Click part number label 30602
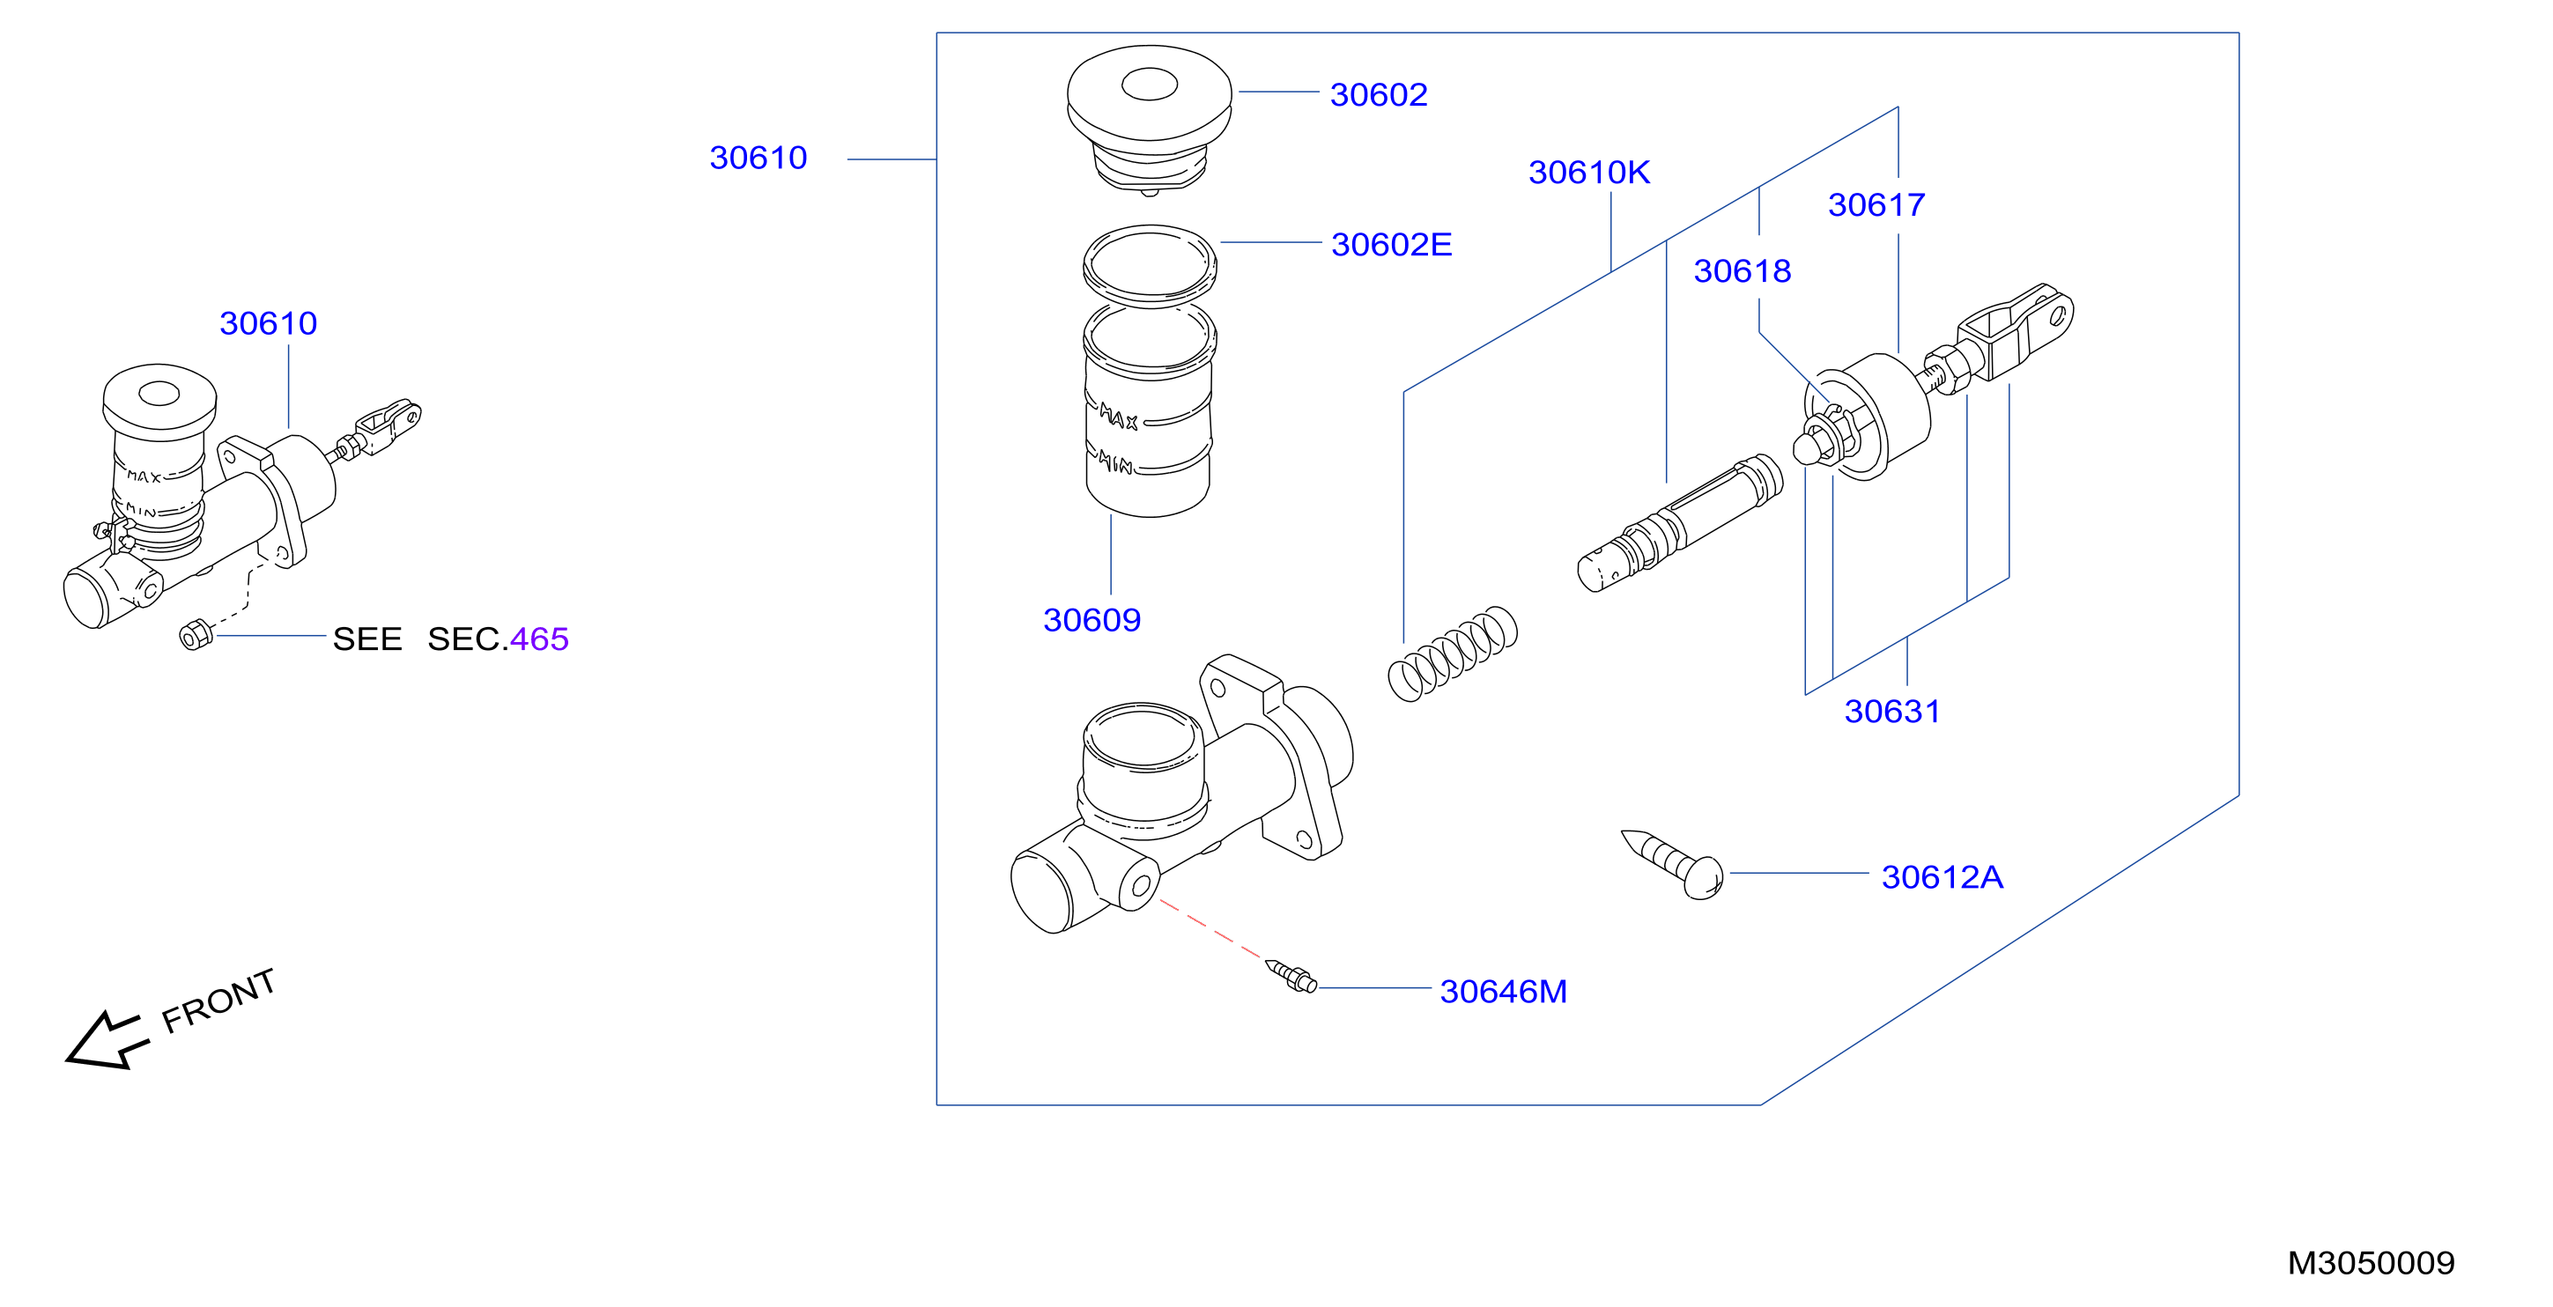coord(1379,95)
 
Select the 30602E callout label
coord(1392,245)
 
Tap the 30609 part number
coord(1092,620)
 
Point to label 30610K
coord(1588,173)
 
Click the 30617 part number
coord(1876,205)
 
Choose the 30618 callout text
coord(1743,271)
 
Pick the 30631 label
coord(1892,712)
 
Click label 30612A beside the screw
coord(1942,877)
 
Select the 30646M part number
coord(1504,991)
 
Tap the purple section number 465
coord(539,639)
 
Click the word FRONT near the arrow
coord(218,1001)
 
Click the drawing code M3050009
coord(2371,1263)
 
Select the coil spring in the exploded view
coord(1453,654)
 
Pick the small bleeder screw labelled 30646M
coord(1291,976)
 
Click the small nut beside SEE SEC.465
coord(196,634)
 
